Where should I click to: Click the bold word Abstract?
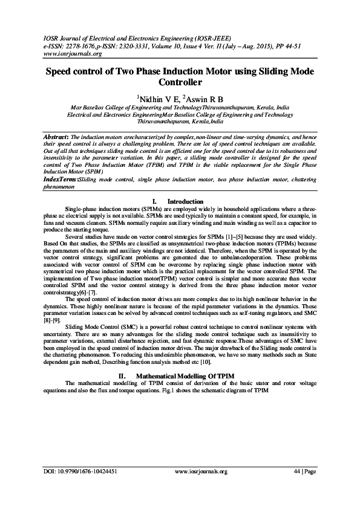pos(56,138)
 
